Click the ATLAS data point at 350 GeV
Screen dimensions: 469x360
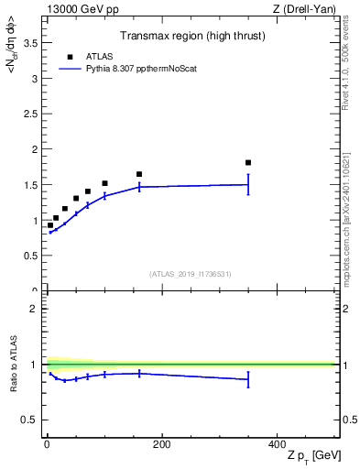pyautogui.click(x=248, y=163)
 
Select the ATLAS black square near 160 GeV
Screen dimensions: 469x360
pyautogui.click(x=139, y=174)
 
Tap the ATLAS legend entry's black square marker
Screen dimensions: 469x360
pyautogui.click(x=70, y=57)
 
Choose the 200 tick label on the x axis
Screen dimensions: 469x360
pyautogui.click(x=161, y=444)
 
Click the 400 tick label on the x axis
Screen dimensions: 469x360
pyautogui.click(x=277, y=444)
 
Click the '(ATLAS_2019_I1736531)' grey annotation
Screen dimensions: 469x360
pyautogui.click(x=190, y=274)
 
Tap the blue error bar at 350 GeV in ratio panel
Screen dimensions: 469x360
pyautogui.click(x=248, y=379)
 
